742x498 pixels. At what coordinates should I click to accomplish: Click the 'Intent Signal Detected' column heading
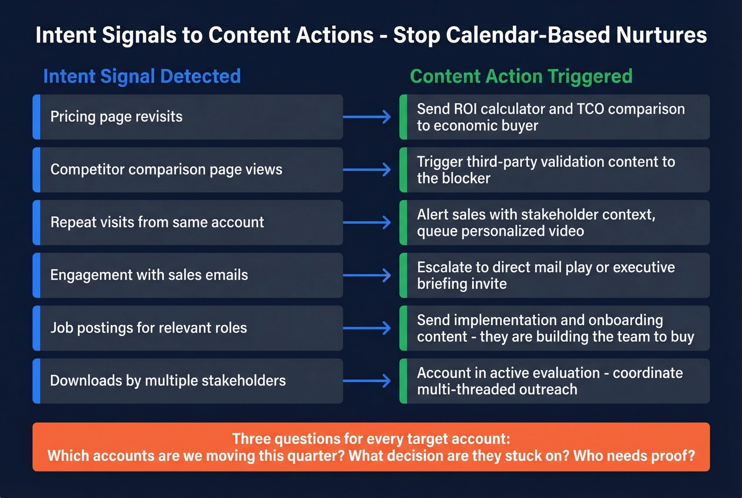142,76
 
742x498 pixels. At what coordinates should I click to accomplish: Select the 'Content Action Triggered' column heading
521,76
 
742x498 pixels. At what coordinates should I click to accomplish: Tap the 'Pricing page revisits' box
188,117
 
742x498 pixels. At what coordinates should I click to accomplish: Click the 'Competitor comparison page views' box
188,170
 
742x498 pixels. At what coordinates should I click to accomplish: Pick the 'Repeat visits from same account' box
188,222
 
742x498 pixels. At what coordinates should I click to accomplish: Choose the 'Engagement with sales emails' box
188,275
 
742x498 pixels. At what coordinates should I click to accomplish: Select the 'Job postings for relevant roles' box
188,328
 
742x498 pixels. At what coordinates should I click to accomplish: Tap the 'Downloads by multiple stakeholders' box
188,381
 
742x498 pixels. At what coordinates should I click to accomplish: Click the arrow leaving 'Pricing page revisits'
367,117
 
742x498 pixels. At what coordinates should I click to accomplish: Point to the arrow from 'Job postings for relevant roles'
367,328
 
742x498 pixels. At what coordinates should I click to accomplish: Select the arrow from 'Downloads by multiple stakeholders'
367,381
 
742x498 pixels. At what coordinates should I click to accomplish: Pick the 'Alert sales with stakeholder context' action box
554,223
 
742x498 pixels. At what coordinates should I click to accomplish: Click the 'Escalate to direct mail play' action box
554,275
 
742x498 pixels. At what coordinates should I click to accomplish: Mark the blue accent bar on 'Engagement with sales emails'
37,275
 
